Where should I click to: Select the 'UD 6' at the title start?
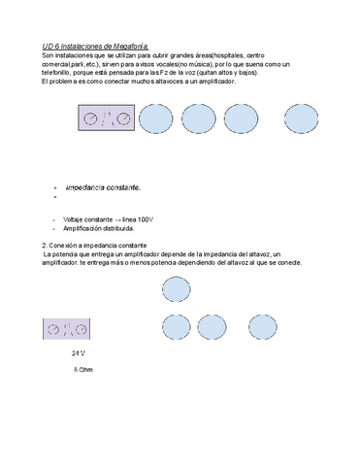[x=54, y=47]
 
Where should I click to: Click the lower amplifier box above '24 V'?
[x=68, y=329]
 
